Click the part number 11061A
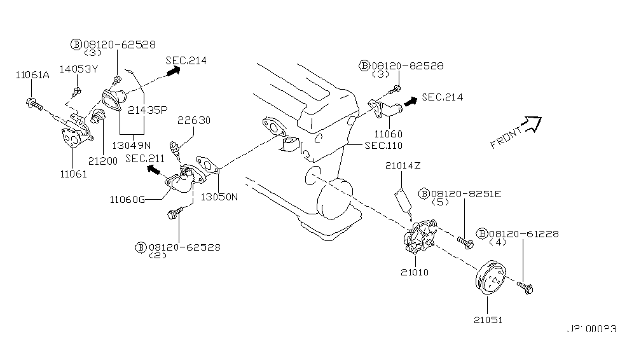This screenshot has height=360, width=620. (32, 75)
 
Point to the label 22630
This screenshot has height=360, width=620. (193, 120)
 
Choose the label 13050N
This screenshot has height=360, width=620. (219, 197)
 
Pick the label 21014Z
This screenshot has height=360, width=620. (403, 167)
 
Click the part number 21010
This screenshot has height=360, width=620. (415, 272)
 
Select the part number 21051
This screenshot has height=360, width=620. (487, 319)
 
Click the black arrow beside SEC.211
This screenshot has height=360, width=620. (154, 170)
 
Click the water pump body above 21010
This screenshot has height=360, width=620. (419, 238)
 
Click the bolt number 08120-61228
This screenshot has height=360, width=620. (523, 234)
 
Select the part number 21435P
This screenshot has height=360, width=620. (147, 109)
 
